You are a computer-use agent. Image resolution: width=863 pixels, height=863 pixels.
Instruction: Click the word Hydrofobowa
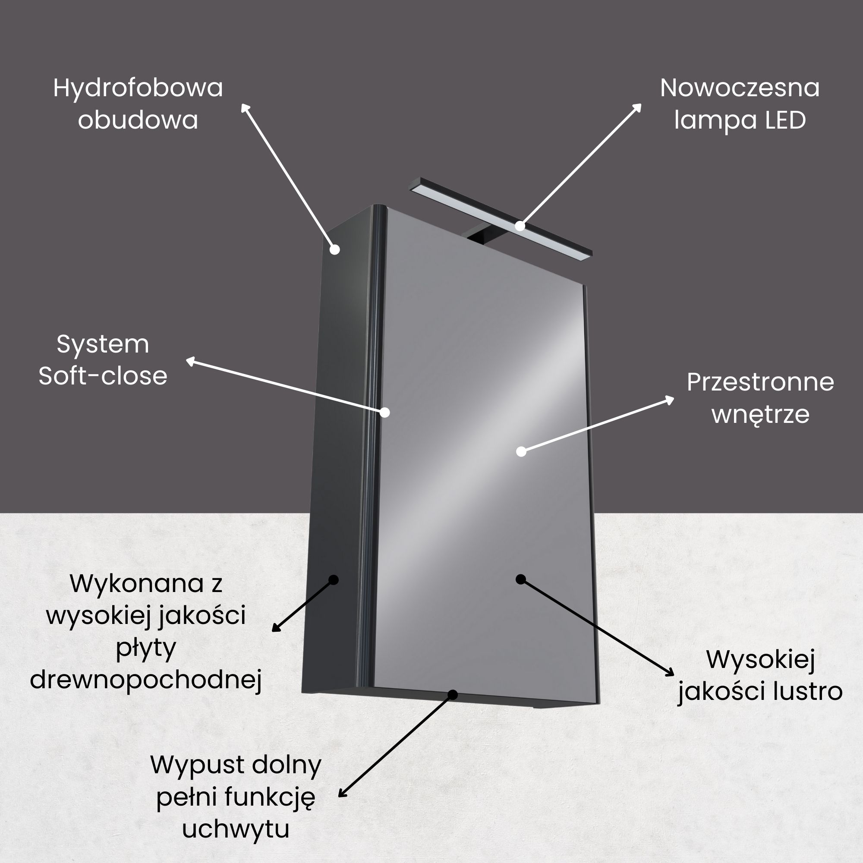tap(138, 88)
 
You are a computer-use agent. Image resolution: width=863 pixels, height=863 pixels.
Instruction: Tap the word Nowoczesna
tap(740, 88)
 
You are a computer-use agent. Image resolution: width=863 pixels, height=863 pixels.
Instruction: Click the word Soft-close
tap(103, 376)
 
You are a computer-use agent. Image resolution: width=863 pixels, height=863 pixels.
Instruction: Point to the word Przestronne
tap(760, 382)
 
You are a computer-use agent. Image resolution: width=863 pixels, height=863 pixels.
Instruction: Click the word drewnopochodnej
tap(145, 680)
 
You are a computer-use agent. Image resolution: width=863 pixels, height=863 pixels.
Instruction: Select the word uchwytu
tap(236, 829)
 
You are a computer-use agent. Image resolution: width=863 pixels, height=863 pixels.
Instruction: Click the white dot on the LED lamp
tap(520, 226)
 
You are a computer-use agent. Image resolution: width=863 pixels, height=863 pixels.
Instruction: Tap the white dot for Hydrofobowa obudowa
tap(334, 250)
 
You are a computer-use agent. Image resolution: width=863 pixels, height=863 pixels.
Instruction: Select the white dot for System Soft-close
tap(384, 412)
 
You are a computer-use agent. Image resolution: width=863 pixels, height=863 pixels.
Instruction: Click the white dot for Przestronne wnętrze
tap(521, 452)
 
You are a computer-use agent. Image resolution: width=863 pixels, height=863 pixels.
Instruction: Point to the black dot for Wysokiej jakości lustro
tap(520, 580)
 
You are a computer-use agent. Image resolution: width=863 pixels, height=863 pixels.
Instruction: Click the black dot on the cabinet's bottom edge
tap(453, 695)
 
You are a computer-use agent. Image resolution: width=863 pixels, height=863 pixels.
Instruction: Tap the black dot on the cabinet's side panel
tap(333, 580)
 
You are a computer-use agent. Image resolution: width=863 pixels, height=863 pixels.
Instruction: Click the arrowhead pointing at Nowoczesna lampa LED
tap(637, 108)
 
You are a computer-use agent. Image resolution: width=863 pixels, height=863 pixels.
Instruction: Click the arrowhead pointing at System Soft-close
tap(191, 361)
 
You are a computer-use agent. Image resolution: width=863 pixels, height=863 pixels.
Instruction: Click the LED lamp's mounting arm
tap(479, 236)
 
